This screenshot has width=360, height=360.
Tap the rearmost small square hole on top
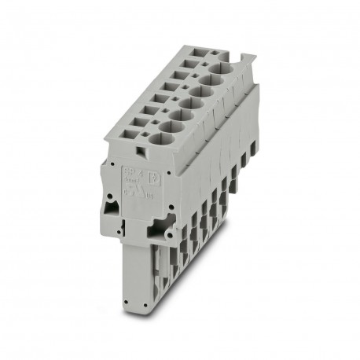tap(210, 53)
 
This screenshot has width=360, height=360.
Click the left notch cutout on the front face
tap(109, 208)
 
